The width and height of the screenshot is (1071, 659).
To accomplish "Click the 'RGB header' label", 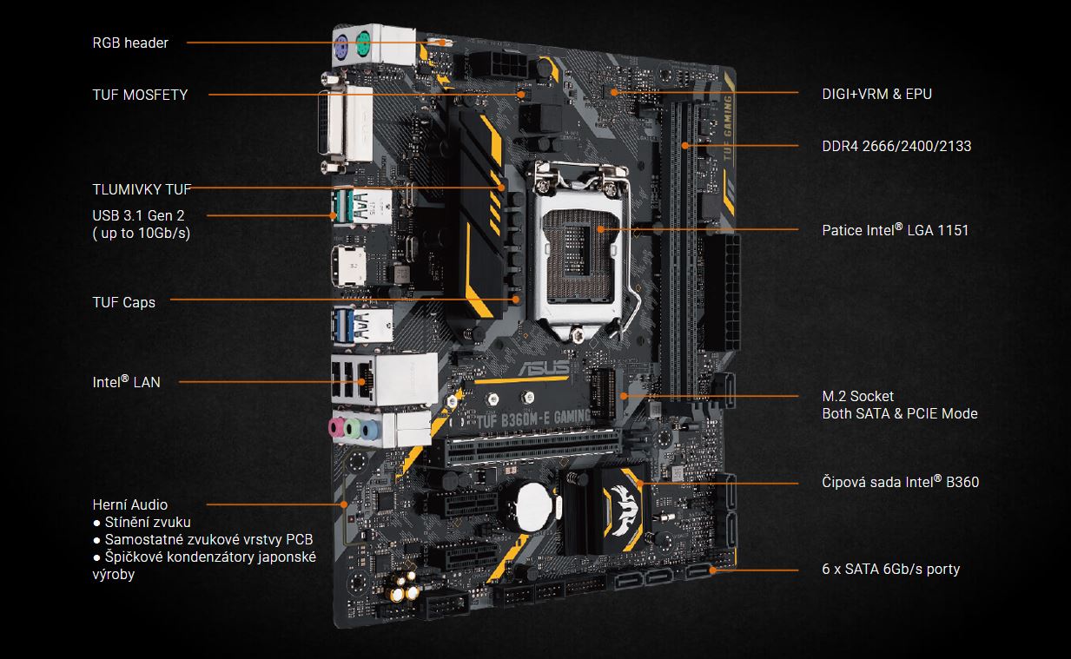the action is [x=130, y=43].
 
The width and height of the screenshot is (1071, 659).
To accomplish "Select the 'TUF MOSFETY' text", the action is [x=140, y=96].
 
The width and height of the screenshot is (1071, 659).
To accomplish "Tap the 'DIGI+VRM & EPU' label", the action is [x=877, y=94].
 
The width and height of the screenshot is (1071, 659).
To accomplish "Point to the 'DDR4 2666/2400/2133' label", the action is [x=896, y=146].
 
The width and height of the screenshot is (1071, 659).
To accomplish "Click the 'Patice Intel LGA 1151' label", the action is [x=895, y=230].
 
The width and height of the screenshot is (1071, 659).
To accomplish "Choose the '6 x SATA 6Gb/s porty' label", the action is [x=890, y=570].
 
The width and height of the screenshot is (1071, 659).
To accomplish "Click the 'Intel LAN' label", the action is [x=126, y=382].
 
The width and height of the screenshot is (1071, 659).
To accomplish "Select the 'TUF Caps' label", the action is [x=124, y=302].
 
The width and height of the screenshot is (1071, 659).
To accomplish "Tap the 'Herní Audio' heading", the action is [x=130, y=504].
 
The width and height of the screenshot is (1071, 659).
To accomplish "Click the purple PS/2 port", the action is [x=340, y=48].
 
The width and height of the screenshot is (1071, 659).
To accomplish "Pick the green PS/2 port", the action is [x=363, y=44].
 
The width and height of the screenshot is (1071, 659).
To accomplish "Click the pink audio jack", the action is [x=337, y=427].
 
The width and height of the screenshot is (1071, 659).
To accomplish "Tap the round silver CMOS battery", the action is [x=534, y=506].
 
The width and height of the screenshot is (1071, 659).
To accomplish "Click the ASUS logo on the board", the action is [x=545, y=367].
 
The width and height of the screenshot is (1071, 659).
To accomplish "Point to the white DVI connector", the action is [x=347, y=123].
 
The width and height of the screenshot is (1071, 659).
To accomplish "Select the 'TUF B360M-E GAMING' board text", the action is [x=533, y=418].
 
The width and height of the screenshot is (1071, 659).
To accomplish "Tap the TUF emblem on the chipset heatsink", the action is [x=624, y=508].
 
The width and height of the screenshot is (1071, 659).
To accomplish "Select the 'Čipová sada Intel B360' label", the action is [x=900, y=482].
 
